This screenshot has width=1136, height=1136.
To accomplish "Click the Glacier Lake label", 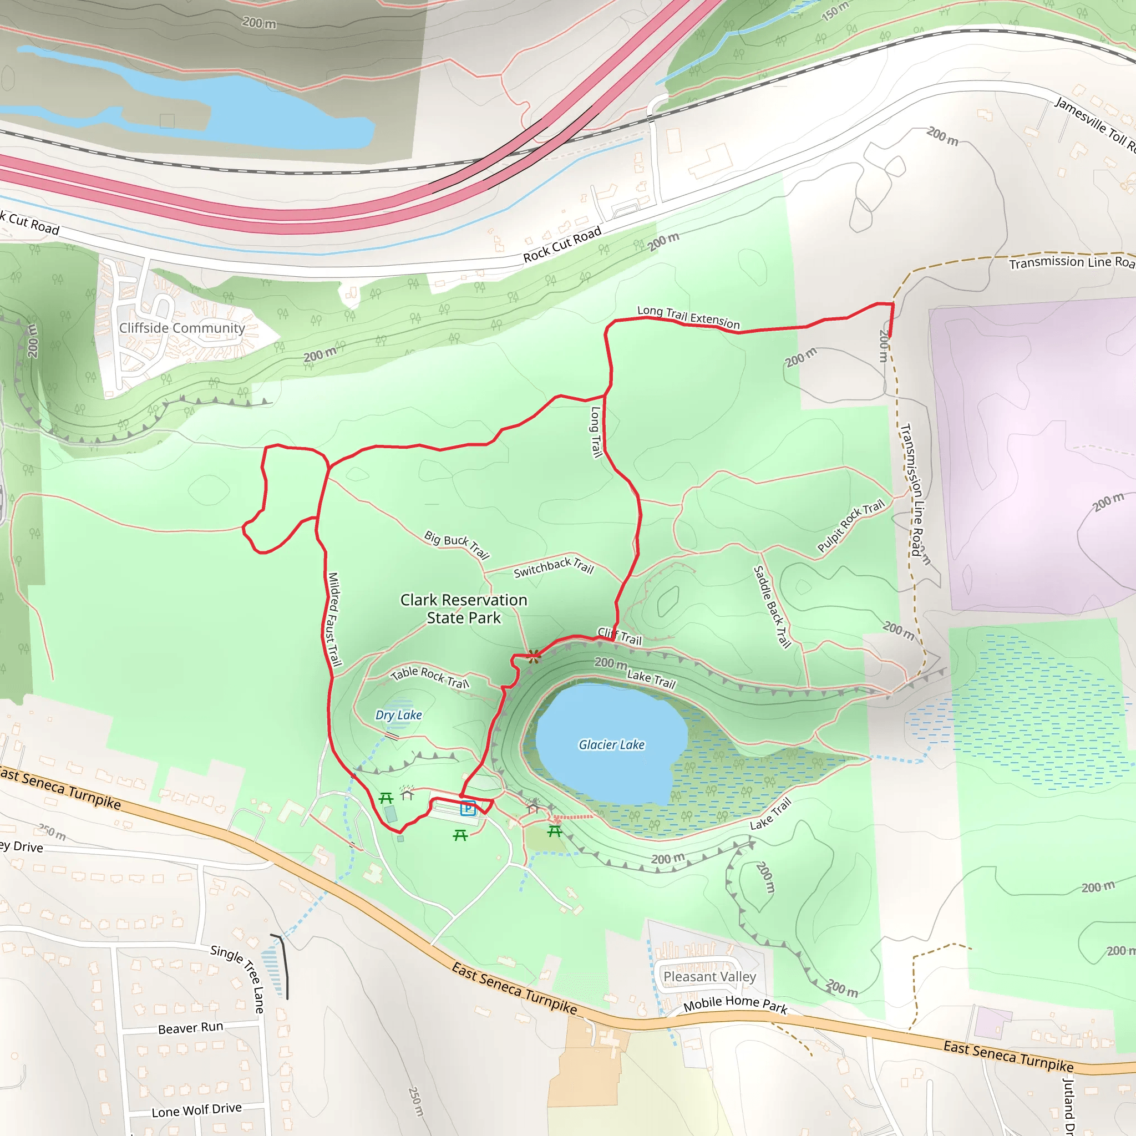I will (611, 744).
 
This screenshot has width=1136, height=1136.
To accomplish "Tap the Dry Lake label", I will (399, 715).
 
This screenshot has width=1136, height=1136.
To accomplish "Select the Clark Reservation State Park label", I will (464, 608).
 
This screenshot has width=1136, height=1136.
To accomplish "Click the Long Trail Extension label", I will (688, 317).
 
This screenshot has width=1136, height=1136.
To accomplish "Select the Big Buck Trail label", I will (457, 545).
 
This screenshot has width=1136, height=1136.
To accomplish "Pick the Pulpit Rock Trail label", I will (850, 526).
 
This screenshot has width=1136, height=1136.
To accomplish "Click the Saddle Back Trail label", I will (772, 606).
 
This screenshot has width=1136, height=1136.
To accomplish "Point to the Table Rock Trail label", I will (430, 677).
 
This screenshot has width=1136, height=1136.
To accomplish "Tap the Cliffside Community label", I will (182, 328).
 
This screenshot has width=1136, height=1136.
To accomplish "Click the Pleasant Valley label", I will (709, 977).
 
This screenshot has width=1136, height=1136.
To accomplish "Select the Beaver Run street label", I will (190, 1028).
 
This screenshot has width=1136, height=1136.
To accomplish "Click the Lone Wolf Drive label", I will (196, 1110).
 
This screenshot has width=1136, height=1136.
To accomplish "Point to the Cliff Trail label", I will (620, 636).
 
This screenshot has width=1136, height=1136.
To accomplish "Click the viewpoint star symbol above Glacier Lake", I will (533, 656).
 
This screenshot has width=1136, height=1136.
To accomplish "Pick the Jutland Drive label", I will (1069, 1105).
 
